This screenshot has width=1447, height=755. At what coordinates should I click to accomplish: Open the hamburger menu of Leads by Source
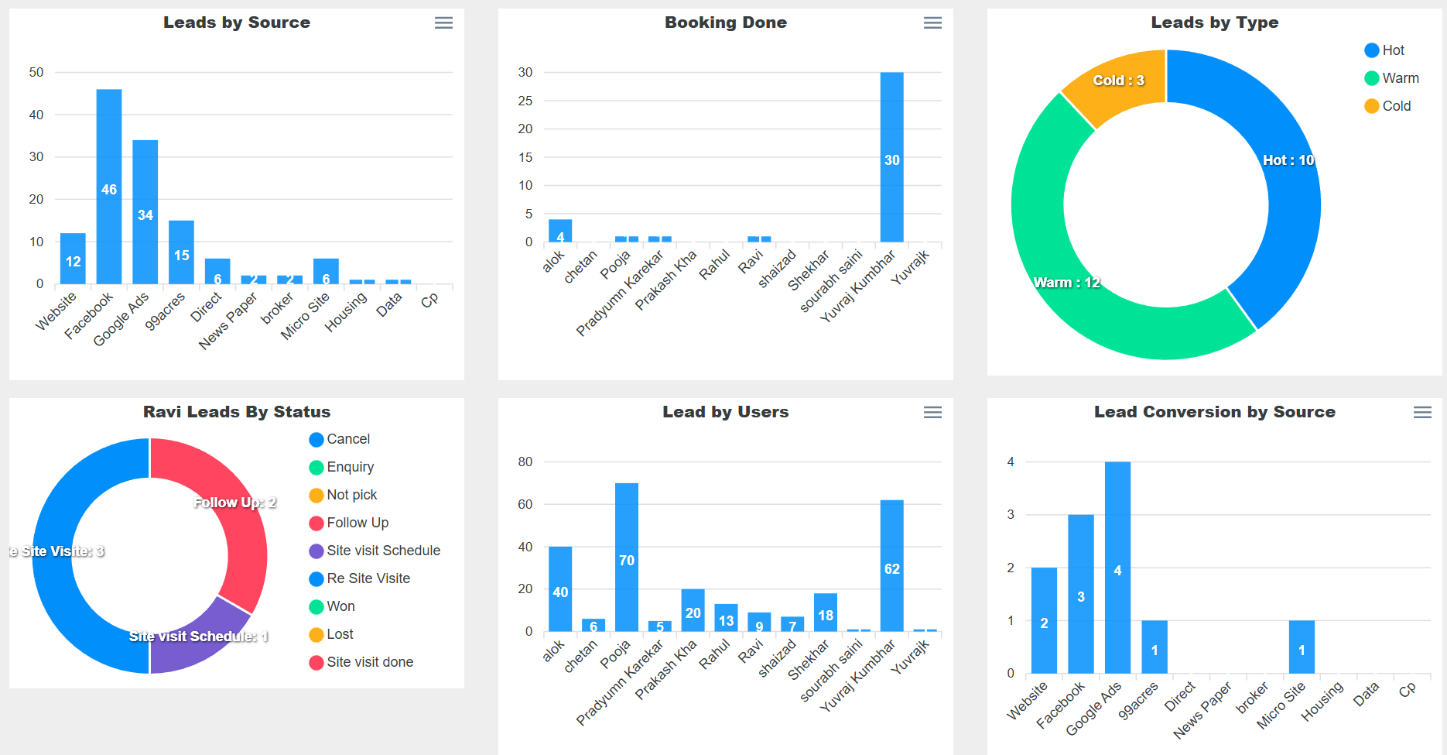[443, 23]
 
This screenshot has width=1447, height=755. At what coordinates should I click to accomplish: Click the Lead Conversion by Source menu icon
[1422, 413]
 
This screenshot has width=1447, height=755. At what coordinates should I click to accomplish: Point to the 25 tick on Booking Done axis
[525, 101]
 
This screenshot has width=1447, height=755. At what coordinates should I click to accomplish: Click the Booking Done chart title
[725, 22]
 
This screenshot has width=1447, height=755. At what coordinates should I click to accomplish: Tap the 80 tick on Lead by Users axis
[525, 462]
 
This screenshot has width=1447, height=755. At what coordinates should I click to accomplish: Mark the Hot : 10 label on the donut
[1288, 160]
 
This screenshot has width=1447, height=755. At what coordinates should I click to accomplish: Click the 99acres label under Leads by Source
[165, 311]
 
